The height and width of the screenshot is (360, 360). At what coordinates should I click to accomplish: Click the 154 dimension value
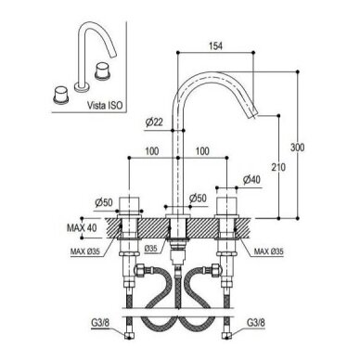click(215, 46)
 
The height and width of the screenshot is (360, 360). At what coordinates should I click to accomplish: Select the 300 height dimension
click(297, 148)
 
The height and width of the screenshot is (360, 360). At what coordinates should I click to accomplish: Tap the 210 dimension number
click(278, 167)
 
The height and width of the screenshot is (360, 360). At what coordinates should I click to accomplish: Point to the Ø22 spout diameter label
click(154, 122)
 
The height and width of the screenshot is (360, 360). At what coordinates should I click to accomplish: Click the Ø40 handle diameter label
click(251, 180)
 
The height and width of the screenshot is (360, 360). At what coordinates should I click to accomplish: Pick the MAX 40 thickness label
click(82, 228)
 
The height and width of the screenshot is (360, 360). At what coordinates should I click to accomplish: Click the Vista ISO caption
click(105, 106)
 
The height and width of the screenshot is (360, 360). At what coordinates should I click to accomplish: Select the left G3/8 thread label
click(100, 323)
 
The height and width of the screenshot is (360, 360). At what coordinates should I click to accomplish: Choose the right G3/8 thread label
click(256, 323)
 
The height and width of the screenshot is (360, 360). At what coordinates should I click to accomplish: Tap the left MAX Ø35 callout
click(85, 251)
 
